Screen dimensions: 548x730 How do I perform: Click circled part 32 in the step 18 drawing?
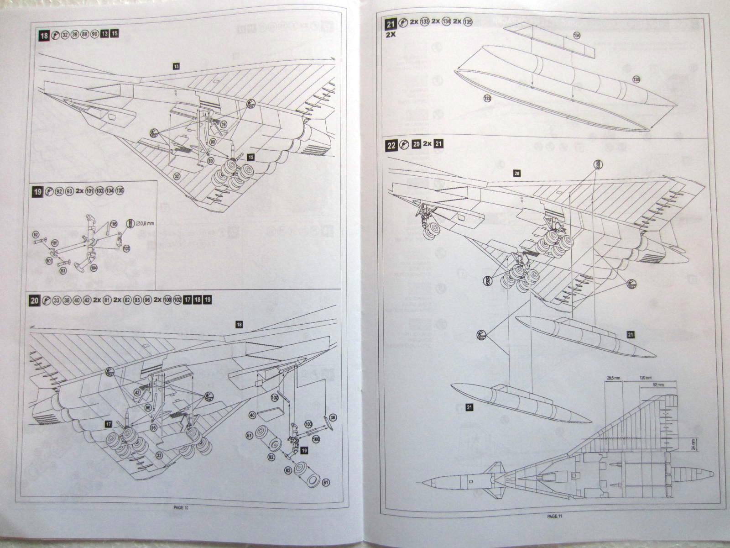(177, 175)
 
